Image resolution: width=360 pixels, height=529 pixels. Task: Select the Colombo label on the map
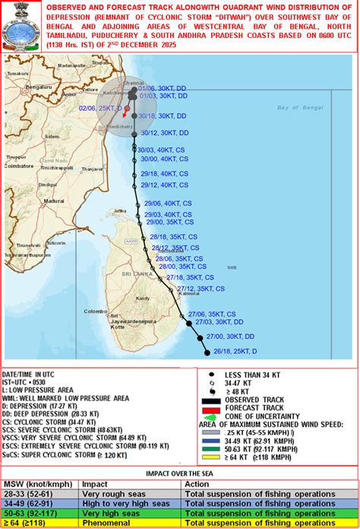pos(96,311)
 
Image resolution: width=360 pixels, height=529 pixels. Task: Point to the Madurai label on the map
pos(55,201)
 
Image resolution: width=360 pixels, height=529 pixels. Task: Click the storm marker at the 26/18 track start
pos(207,351)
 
